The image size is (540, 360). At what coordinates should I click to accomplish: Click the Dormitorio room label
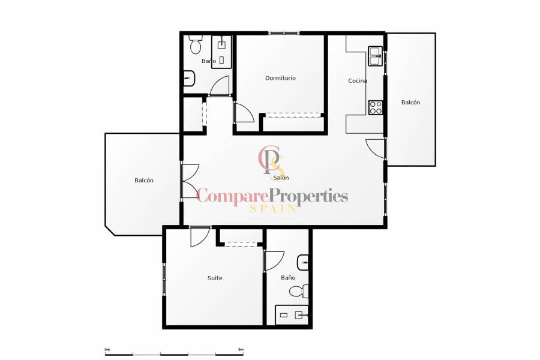(x=280, y=78)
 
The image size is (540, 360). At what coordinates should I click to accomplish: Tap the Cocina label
(x=358, y=81)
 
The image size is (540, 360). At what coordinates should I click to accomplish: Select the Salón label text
(x=281, y=178)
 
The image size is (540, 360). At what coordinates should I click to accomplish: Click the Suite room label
(x=215, y=278)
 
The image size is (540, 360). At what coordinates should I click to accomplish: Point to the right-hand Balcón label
(x=410, y=103)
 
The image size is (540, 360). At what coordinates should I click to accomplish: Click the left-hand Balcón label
(x=144, y=181)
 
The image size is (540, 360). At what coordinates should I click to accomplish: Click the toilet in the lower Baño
(x=297, y=292)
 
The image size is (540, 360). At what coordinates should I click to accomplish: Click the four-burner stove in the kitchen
(x=376, y=107)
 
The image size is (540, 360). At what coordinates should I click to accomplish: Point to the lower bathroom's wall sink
(x=304, y=262)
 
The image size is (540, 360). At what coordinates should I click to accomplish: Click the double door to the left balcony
(x=188, y=181)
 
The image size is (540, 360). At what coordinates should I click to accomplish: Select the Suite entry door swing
(x=199, y=236)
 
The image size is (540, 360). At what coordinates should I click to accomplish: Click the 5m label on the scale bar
(x=241, y=349)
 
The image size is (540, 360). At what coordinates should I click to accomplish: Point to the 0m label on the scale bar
(x=107, y=349)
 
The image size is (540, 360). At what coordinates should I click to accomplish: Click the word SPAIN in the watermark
(x=272, y=208)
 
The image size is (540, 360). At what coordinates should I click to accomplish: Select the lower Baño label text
(x=288, y=278)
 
